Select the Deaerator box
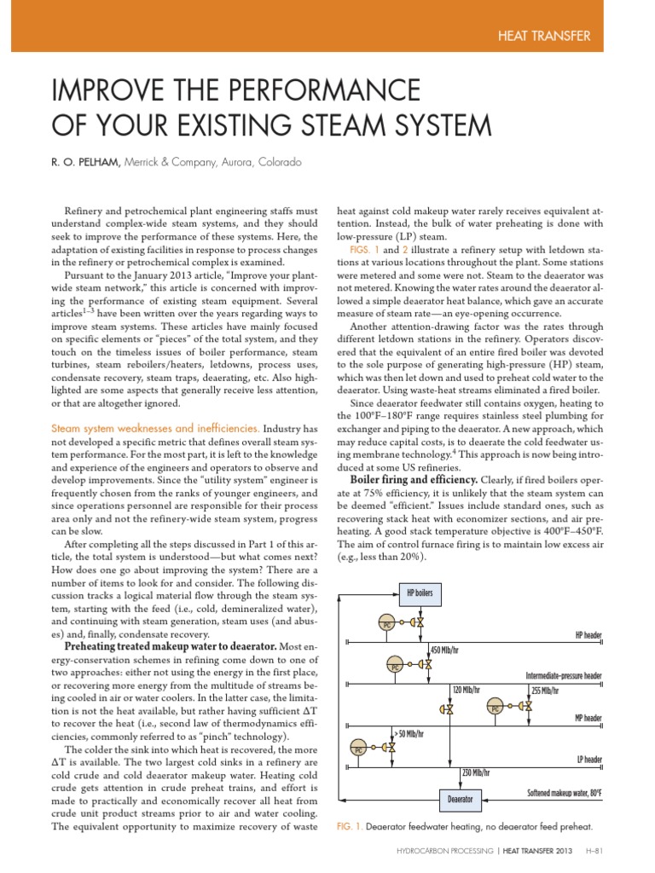pyautogui.click(x=460, y=799)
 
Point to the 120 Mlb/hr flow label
pyautogui.click(x=467, y=690)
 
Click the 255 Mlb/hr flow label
pyautogui.click(x=545, y=690)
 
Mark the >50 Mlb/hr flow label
pyautogui.click(x=409, y=732)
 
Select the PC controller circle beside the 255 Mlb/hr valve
pyautogui.click(x=495, y=707)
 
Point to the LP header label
pyautogui.click(x=589, y=759)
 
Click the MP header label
pyautogui.click(x=588, y=718)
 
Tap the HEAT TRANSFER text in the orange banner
pyautogui.click(x=542, y=36)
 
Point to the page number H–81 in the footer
pyautogui.click(x=593, y=850)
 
